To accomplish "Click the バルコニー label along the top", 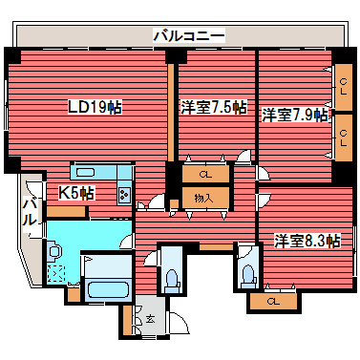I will pos(188,35).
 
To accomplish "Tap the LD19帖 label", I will pos(93,106).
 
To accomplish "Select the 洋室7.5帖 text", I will pos(215,107).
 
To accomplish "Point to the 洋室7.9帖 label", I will pos(295,115).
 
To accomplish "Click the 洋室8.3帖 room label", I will pos(307,241).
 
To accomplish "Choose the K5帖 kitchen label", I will pos(76,192).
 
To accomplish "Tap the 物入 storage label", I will pos(203,198).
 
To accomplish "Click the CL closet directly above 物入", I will pos(204,175).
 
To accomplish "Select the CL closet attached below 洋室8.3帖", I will pos(274,302).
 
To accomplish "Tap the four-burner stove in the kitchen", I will pos(124,194).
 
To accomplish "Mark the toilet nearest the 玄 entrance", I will pos(172,280).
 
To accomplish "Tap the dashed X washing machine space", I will pos(56,274).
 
